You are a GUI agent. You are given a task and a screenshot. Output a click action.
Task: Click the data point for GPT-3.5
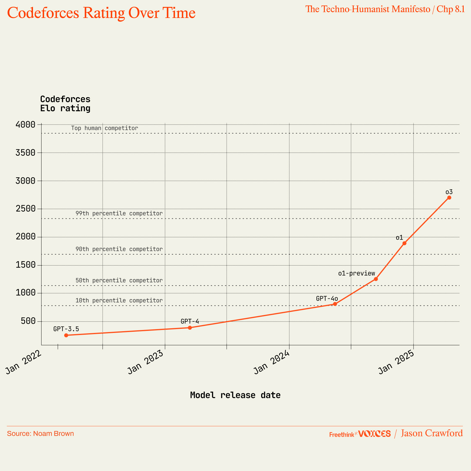tap(66, 335)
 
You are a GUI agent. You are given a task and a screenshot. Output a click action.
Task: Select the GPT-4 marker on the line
tap(190, 328)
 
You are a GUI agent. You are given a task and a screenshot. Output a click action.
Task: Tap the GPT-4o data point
tap(335, 304)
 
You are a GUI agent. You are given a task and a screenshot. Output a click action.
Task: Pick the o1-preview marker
tap(376, 279)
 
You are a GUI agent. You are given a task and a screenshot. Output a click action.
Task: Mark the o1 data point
tap(404, 243)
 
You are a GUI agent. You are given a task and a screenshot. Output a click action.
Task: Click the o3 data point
tap(449, 198)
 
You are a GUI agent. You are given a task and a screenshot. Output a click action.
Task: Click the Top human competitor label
tap(105, 128)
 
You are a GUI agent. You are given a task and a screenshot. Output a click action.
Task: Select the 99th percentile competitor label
tap(119, 213)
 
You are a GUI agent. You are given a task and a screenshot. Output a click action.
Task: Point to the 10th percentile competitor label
tap(119, 301)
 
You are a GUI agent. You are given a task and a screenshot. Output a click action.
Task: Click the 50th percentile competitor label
tap(119, 281)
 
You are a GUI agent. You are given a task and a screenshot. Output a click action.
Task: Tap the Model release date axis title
tap(235, 395)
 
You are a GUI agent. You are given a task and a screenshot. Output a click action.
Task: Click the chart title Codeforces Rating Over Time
tap(101, 13)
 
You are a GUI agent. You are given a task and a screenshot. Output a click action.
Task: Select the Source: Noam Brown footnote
tap(40, 434)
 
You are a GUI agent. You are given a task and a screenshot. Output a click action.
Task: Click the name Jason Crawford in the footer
tap(432, 433)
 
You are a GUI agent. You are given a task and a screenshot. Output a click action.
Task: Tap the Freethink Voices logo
tap(360, 434)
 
